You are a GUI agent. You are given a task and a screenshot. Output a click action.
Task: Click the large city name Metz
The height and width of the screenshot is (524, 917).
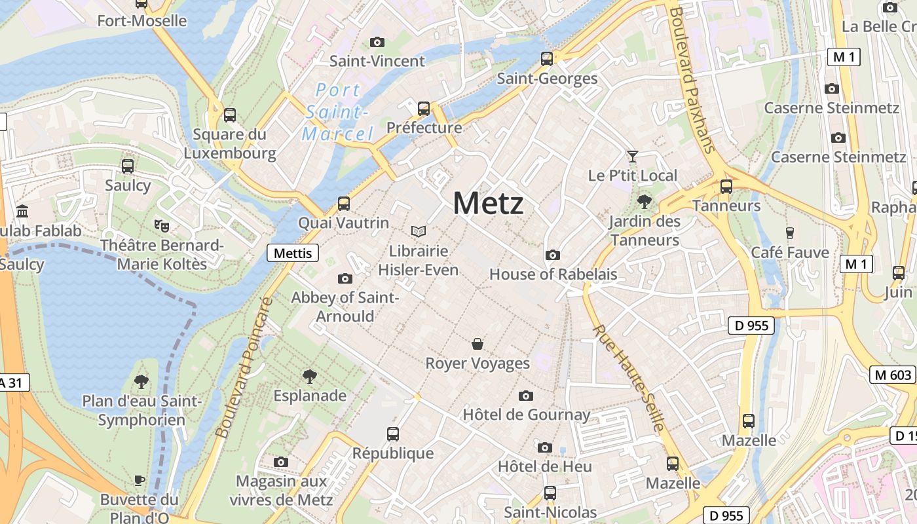[x=488, y=203]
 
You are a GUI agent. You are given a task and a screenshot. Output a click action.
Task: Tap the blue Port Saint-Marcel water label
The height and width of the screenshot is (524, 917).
[x=337, y=112]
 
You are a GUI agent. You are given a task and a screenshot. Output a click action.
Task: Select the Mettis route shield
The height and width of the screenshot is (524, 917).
[x=292, y=253]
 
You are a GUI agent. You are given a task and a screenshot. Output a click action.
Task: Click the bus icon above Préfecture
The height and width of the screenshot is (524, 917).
[x=424, y=108]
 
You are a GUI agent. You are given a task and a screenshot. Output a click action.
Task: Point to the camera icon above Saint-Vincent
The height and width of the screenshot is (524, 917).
[x=377, y=42]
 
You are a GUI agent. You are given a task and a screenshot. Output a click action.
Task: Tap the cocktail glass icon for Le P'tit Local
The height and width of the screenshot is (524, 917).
[x=632, y=156]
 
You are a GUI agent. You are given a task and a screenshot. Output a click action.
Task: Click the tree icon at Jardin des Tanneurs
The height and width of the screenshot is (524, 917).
[x=645, y=202]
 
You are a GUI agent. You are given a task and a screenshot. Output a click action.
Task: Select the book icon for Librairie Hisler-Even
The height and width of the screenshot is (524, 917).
[x=418, y=231]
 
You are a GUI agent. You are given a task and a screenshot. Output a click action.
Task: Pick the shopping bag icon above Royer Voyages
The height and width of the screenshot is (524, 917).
[x=477, y=344]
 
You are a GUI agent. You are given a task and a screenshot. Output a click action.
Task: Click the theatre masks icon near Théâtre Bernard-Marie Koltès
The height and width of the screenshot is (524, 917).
[x=161, y=225]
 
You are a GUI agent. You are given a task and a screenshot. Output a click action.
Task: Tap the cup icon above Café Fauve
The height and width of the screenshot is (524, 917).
[x=789, y=233]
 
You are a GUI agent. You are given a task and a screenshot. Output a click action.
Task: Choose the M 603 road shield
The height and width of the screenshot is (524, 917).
[x=892, y=375]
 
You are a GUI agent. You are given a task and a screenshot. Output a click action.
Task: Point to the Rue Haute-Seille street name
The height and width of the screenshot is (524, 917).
[x=629, y=378]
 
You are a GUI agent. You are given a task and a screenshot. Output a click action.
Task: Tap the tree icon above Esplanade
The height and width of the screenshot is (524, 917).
[x=309, y=376]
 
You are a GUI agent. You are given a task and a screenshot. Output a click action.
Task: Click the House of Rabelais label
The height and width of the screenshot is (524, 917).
[x=553, y=274]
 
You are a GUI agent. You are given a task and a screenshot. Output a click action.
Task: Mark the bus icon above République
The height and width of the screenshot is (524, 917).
[x=393, y=434]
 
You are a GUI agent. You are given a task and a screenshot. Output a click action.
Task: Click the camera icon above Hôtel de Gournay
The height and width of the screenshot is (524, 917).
[x=525, y=396]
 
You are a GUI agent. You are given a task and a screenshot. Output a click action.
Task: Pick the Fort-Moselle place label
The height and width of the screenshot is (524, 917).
[x=141, y=21]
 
